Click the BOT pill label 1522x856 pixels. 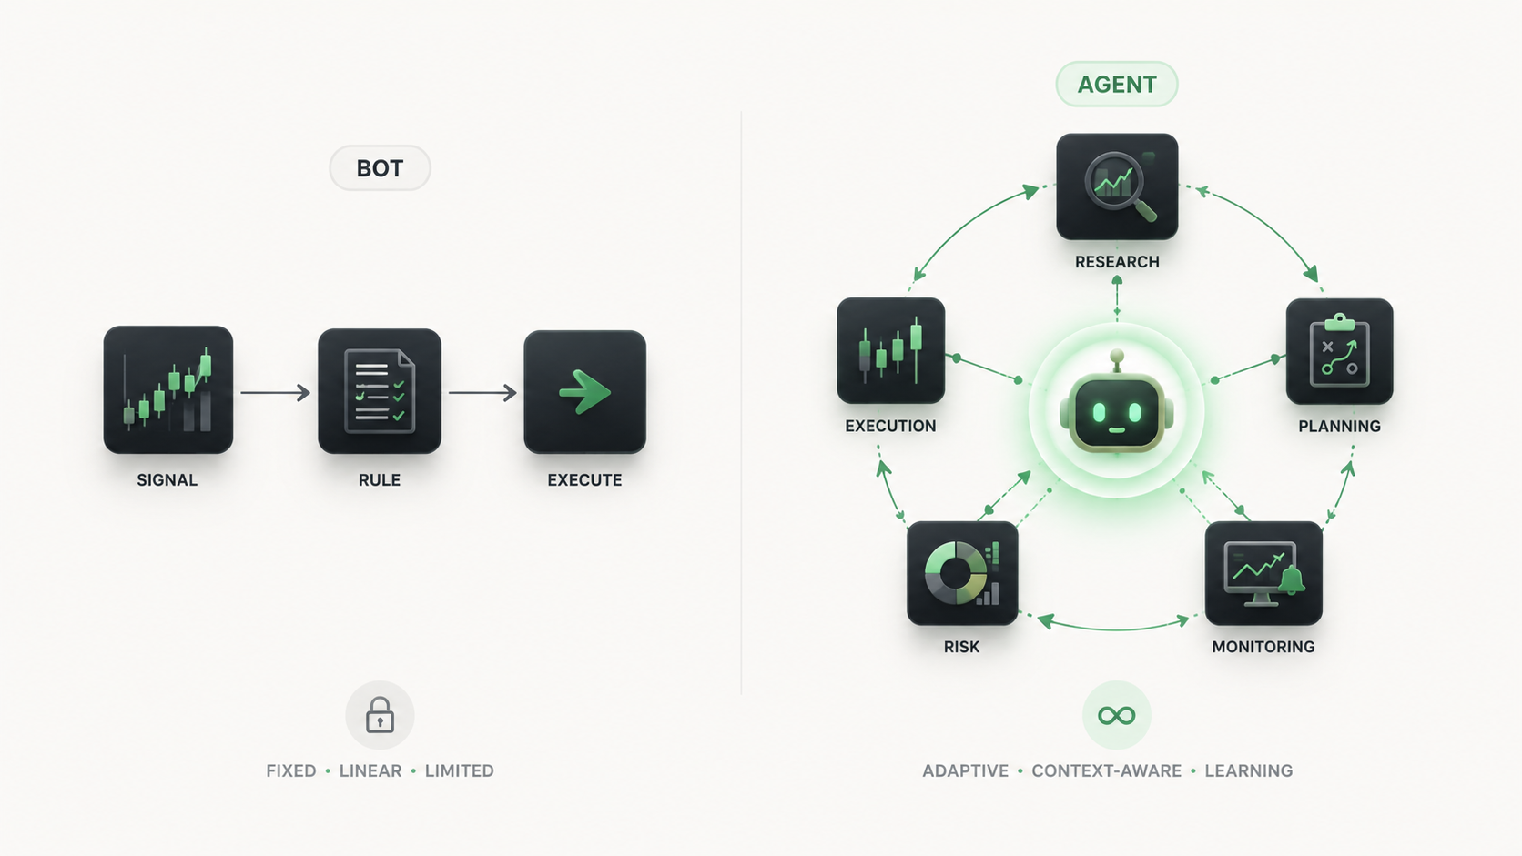point(380,167)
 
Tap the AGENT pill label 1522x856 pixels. point(1116,85)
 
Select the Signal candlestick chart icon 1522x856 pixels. point(167,389)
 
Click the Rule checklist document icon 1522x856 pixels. point(380,391)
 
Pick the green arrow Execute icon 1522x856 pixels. point(584,392)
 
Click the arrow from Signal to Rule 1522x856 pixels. point(275,392)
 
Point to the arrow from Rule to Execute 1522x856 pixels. point(482,392)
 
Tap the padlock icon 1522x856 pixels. point(380,715)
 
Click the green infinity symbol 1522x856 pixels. point(1116,716)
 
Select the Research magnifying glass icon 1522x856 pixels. point(1117,186)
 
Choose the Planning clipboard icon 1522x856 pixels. point(1339,351)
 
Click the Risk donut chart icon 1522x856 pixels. point(962,573)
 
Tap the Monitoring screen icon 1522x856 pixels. point(1263,573)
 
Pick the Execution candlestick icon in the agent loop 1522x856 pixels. point(891,350)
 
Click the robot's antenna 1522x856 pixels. point(1116,361)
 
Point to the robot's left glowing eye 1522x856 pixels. point(1098,412)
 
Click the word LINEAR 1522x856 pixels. point(370,771)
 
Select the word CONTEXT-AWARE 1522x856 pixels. point(1106,771)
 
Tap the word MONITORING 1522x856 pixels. point(1263,647)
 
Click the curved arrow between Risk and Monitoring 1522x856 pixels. point(1114,629)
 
